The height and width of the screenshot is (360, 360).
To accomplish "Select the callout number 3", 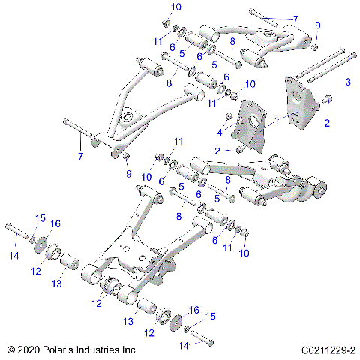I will coord(347,81).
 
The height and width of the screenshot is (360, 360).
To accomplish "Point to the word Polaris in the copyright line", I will coord(59,349).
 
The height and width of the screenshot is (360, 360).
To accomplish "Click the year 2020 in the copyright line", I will coord(29,349).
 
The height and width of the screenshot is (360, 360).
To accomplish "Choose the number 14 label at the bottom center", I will coord(181,344).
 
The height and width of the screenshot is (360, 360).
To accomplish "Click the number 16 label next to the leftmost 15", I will coord(54,223).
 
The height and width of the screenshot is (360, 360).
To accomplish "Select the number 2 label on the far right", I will coord(326,124).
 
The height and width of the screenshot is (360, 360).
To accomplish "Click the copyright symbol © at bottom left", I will coord(9,349).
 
